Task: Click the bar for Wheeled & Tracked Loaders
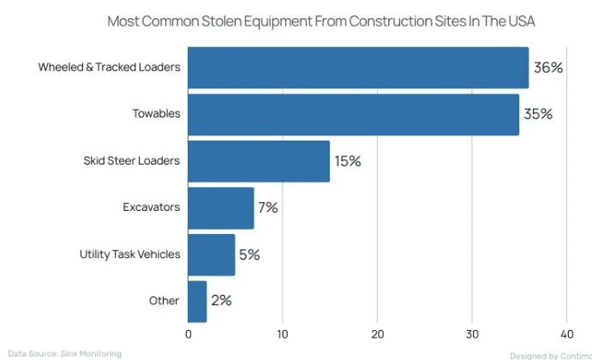point(358,68)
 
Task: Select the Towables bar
point(353,114)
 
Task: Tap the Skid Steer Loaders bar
point(259,161)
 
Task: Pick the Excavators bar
point(221,207)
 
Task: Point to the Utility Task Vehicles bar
point(212,255)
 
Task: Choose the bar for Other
point(197,301)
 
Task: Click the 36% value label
point(548,68)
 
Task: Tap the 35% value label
point(538,114)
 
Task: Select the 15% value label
point(348,161)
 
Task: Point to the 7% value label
point(268,207)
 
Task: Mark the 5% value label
point(249,255)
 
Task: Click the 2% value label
point(221,301)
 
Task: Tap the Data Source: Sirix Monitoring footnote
point(65,353)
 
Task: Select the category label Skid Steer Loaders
point(131,161)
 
